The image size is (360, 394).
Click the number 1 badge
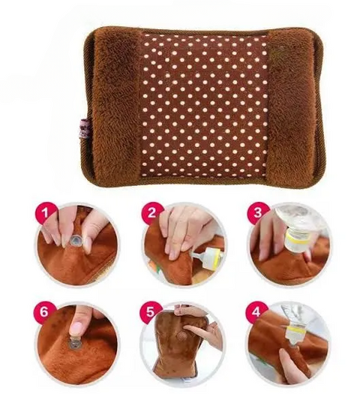(x=44, y=213)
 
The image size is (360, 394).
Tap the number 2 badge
(x=151, y=212)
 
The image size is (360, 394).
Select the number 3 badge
(x=258, y=212)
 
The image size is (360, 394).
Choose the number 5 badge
(x=150, y=312)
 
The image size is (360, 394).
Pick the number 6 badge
(x=44, y=312)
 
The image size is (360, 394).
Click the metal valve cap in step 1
(x=74, y=242)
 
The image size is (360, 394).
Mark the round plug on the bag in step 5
(x=181, y=335)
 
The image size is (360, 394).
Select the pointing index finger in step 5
(x=198, y=328)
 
